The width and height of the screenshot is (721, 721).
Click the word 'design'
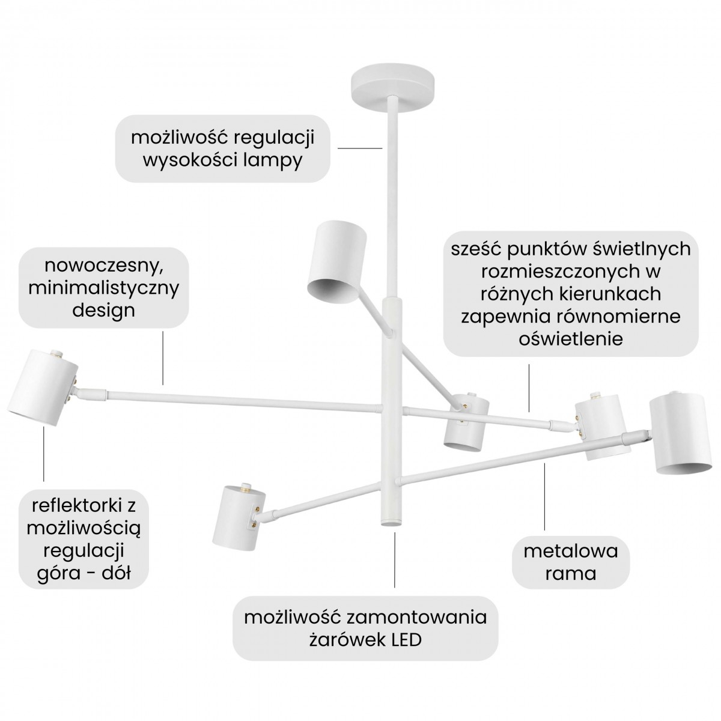[x=103, y=310]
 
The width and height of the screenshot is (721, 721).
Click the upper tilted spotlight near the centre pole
[x=336, y=261]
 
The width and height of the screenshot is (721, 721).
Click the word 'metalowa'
[x=570, y=550]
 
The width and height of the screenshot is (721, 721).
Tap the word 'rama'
[x=570, y=573]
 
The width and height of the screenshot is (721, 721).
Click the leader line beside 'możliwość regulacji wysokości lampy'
[x=359, y=148]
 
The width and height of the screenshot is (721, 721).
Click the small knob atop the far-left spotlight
[x=58, y=354]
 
